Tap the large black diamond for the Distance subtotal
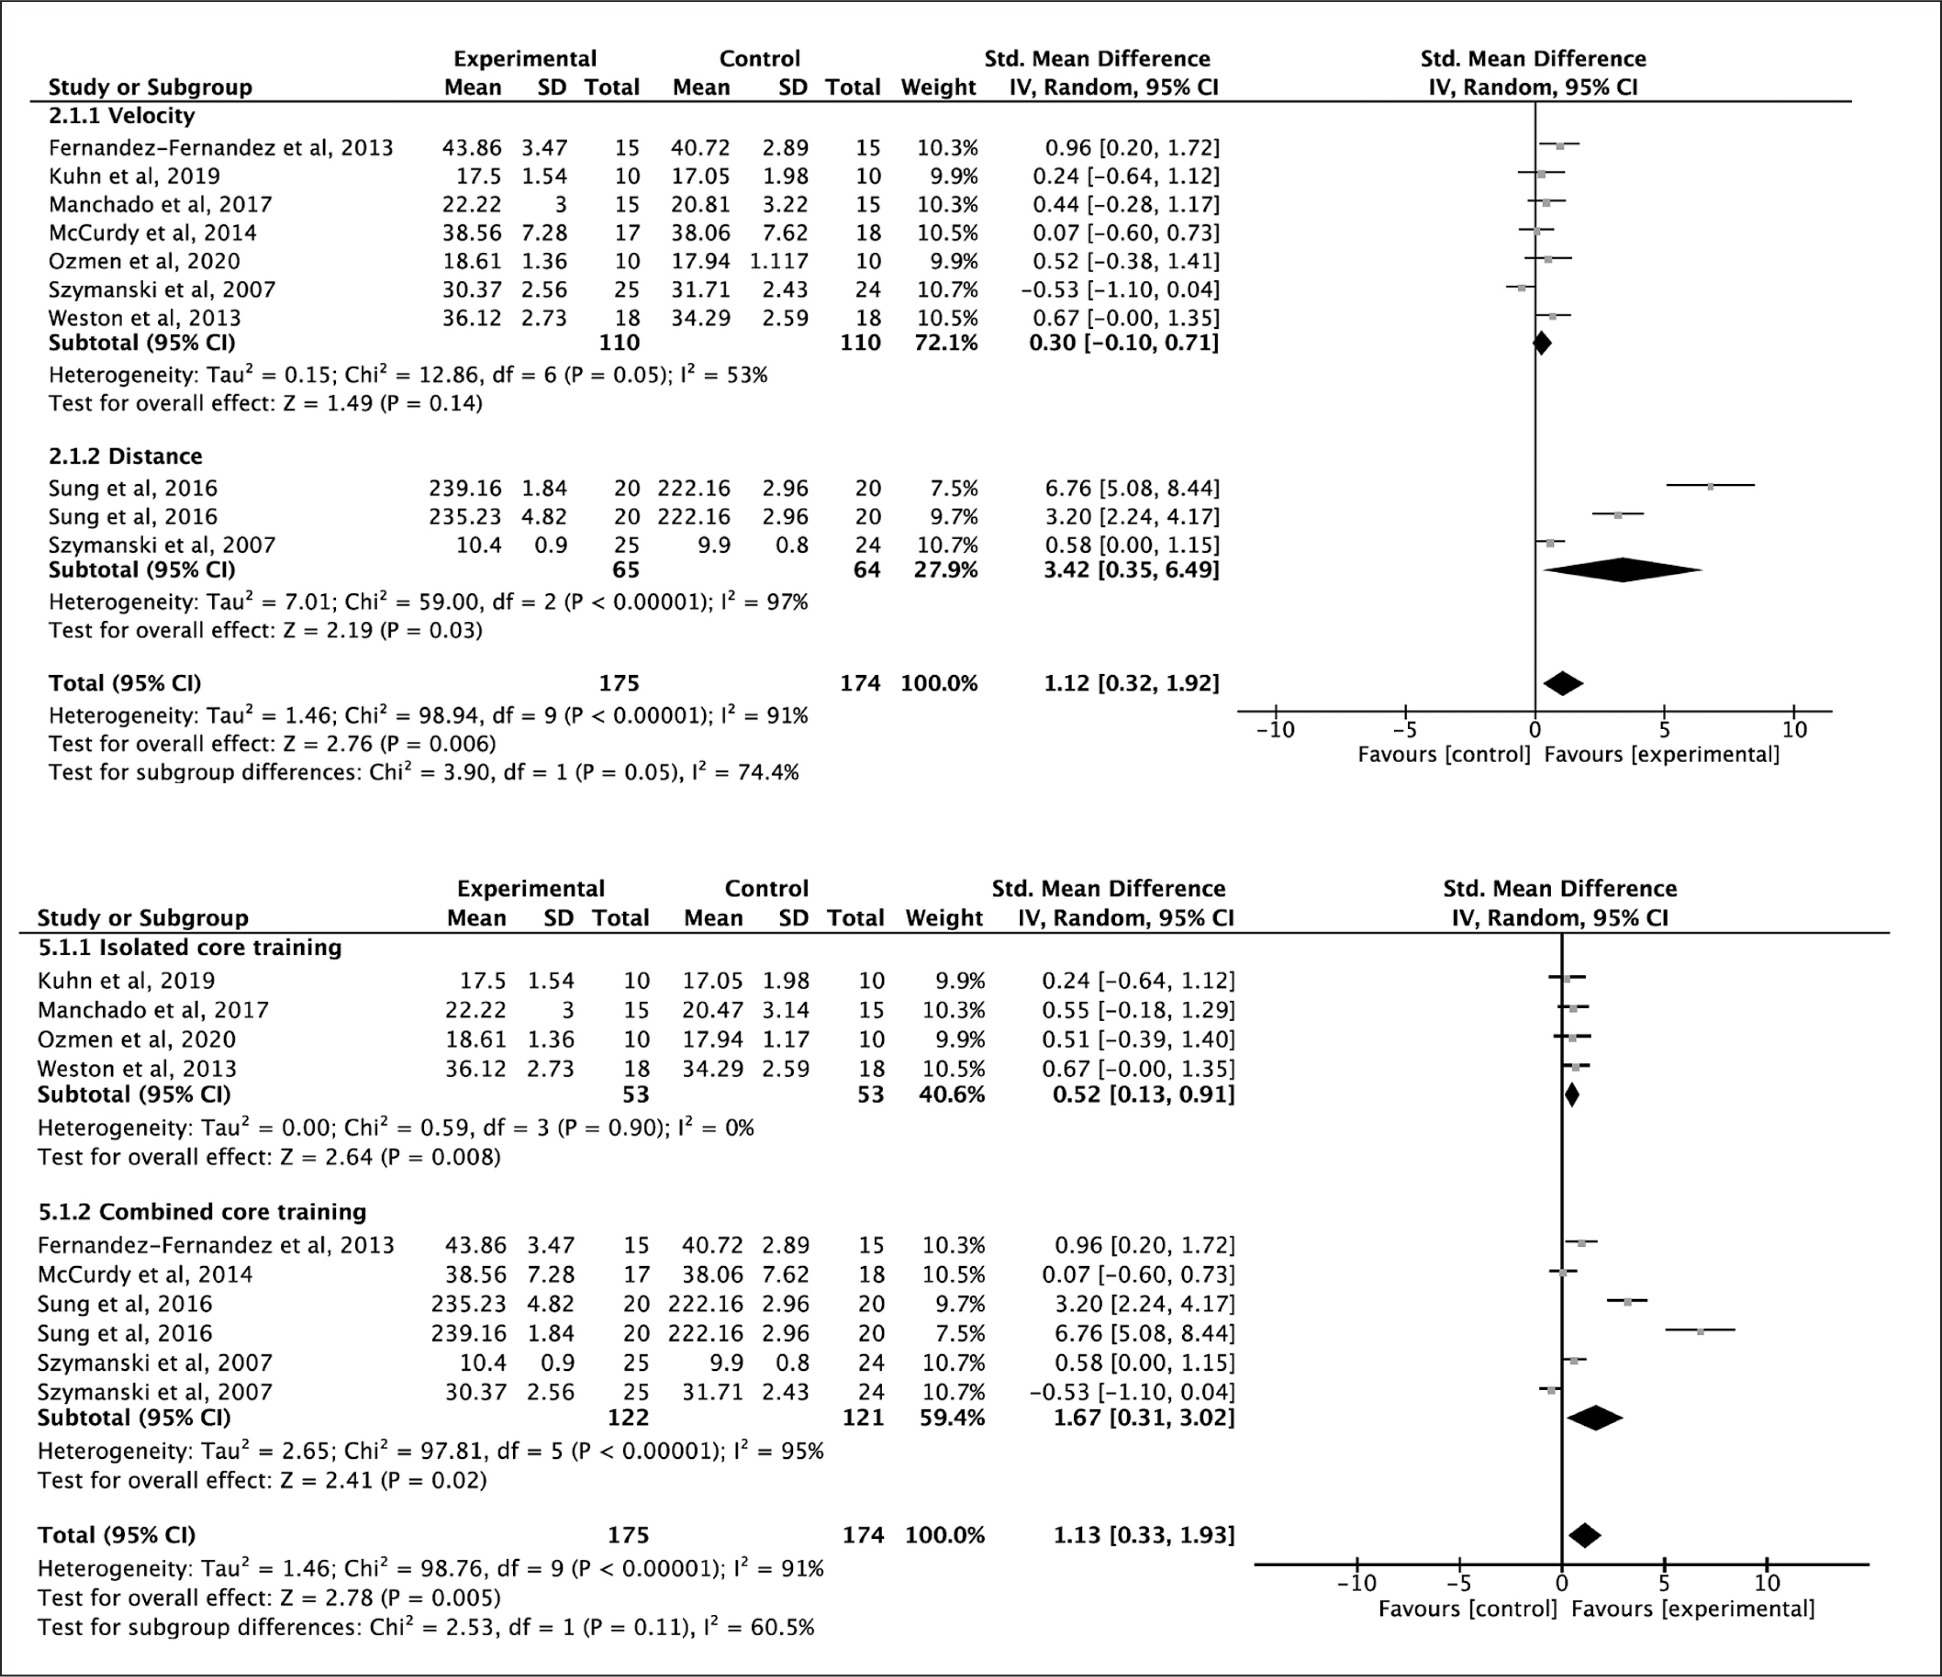1623,570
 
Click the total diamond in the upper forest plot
1563,683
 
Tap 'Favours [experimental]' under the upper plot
1661,755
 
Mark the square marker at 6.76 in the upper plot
1711,486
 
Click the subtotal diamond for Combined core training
1594,1418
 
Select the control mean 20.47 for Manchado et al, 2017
712,1011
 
